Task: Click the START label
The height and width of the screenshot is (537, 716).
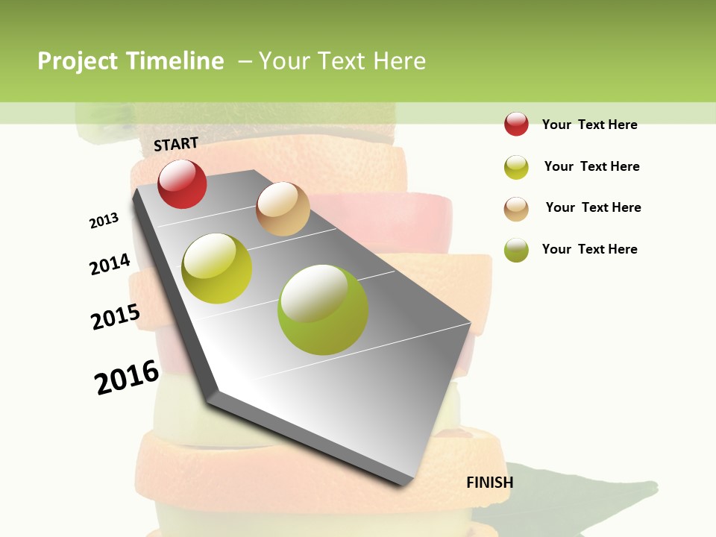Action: (x=176, y=143)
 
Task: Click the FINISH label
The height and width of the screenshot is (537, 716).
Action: (x=489, y=483)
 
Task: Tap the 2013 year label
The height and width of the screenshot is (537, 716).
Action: (x=104, y=221)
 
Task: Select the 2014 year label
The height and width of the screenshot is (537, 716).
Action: (x=110, y=264)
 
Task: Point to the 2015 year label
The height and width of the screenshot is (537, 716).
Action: (x=116, y=317)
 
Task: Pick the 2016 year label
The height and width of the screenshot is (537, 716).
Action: (x=127, y=377)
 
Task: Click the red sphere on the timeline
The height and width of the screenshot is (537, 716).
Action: (x=182, y=184)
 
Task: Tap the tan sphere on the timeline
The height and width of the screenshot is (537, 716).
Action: (x=283, y=209)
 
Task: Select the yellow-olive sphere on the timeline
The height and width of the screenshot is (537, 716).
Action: (x=217, y=268)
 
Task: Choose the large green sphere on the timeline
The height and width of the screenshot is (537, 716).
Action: (x=323, y=310)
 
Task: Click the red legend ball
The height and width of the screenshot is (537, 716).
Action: (x=516, y=124)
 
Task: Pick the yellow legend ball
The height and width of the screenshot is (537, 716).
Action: (x=516, y=167)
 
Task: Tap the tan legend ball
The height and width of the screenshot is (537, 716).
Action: (x=516, y=209)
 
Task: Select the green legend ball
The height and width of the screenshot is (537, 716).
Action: (x=516, y=250)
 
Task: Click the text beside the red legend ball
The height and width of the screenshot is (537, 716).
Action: (x=589, y=125)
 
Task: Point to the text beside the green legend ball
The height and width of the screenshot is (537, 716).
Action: (x=589, y=249)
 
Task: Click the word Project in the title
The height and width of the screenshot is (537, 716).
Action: (x=78, y=61)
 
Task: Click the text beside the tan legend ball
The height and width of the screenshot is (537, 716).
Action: (x=593, y=207)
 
